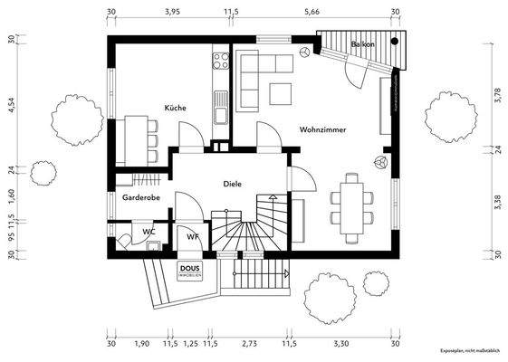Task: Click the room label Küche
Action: point(175,108)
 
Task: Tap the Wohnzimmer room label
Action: point(322,130)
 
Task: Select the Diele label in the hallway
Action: point(233,184)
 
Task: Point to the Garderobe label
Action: point(134,196)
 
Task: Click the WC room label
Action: point(149,233)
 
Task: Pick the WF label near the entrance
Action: point(192,236)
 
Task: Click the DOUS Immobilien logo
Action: point(189,270)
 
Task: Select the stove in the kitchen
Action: point(219,62)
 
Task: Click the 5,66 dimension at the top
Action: point(312,13)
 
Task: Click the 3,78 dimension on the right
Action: point(497,96)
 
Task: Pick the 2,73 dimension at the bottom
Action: point(250,345)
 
